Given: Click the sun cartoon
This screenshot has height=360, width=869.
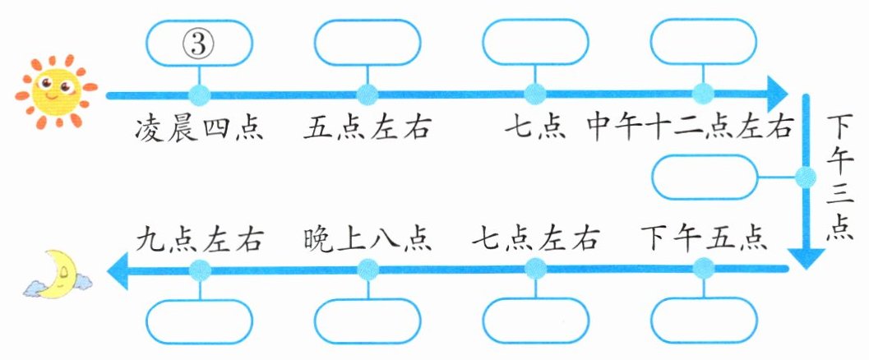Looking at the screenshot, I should pos(53,90).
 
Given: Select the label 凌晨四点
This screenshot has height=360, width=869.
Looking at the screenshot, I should pos(199,128).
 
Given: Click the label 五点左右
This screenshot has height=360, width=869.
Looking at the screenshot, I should pos(368,128).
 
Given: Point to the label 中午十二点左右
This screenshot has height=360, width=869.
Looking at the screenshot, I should pos(690,128).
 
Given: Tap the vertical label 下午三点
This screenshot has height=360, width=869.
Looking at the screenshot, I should pos(839,178).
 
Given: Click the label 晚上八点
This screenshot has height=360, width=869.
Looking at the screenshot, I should pos(367,239).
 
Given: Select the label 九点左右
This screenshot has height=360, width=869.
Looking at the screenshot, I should pos(199,239).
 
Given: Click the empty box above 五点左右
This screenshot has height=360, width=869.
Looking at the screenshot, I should pos(367,42).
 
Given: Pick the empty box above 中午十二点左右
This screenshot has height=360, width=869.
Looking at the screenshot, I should pos(703,42).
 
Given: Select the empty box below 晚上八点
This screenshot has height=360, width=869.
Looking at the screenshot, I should pos(367,321).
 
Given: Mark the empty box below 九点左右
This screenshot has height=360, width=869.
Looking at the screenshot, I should pos(199,321).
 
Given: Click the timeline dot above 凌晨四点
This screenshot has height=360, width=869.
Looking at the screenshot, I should pos(199,93).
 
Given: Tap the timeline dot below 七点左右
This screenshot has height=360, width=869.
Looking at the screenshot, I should pos(535,267).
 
